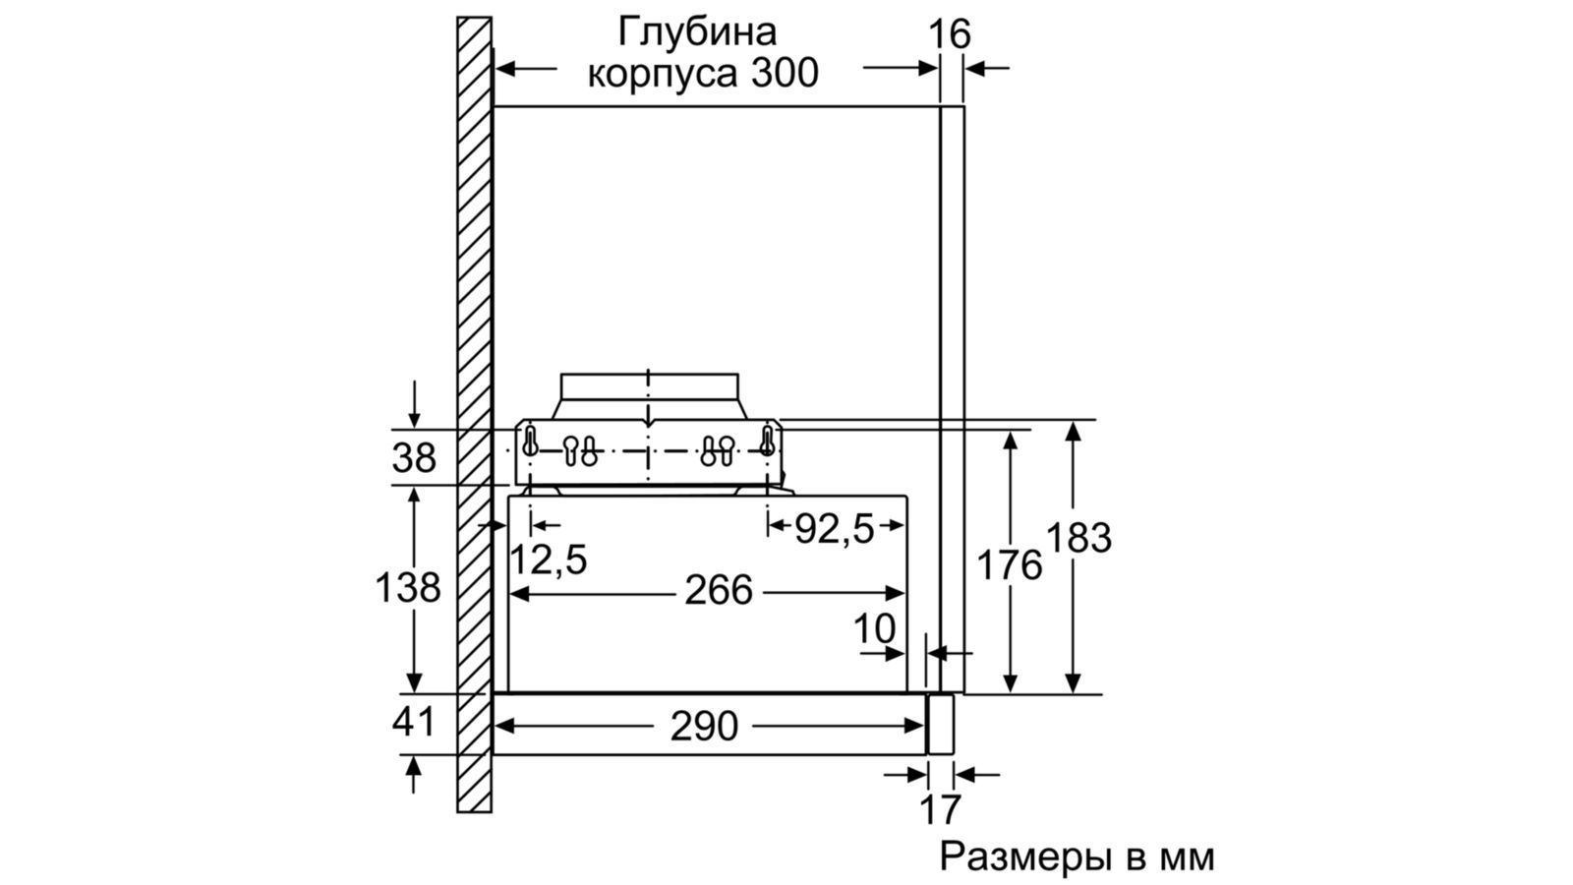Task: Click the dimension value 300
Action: [785, 74]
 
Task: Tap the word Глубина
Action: [697, 31]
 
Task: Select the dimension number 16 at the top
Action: [950, 34]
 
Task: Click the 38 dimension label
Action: [414, 458]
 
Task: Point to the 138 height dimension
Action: [408, 588]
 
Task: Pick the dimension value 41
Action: [414, 723]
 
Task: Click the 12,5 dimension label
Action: [549, 560]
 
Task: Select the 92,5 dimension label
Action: [834, 529]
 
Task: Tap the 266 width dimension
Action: [719, 590]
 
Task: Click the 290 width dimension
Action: [704, 727]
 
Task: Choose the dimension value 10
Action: [874, 628]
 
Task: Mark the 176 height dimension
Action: [1009, 565]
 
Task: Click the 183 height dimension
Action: [1078, 538]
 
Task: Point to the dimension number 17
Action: [940, 809]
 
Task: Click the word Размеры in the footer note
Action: [1023, 856]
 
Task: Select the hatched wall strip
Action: [474, 413]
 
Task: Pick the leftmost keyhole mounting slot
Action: [531, 442]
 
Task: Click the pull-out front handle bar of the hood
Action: [941, 725]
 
